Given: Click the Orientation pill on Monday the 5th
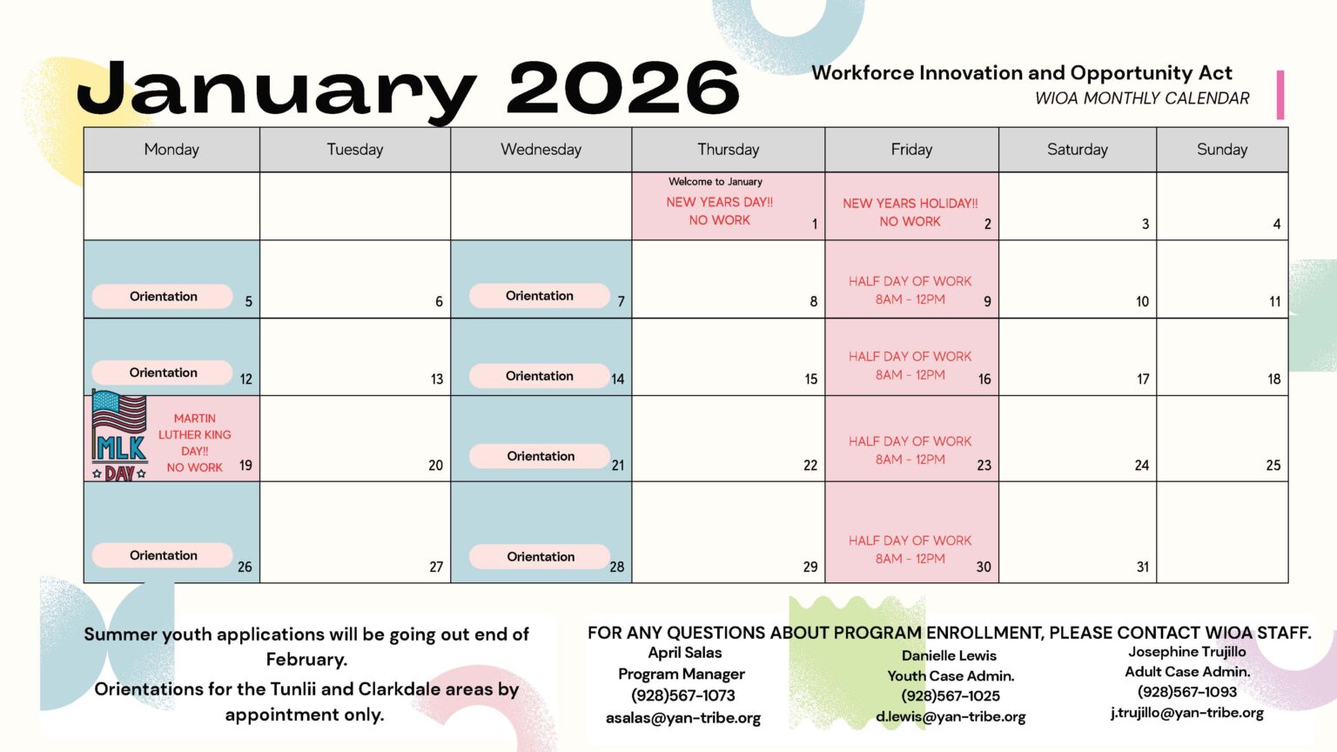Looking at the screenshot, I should (x=163, y=296).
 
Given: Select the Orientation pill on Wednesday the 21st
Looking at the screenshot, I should (x=541, y=456).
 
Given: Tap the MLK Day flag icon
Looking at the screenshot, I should (x=119, y=436).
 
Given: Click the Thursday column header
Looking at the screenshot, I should (x=728, y=150).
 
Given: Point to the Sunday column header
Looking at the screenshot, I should (x=1221, y=150).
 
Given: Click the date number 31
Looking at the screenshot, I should (x=1142, y=567).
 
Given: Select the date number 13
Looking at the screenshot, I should (x=436, y=379).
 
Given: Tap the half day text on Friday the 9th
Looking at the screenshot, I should (x=910, y=290).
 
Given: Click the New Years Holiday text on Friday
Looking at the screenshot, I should (x=910, y=211).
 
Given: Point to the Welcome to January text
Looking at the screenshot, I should (x=715, y=182).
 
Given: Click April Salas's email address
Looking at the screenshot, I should (x=682, y=718).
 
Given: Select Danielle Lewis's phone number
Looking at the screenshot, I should (x=950, y=695).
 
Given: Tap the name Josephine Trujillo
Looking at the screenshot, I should (x=1186, y=651).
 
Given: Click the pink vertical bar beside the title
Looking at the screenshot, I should (x=1280, y=95).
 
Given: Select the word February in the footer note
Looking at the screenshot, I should (x=306, y=659).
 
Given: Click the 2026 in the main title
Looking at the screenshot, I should (x=622, y=89).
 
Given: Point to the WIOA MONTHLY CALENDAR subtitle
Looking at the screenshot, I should (x=1141, y=98).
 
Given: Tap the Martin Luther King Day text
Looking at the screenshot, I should (x=195, y=442).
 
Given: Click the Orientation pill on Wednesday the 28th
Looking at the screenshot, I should (x=541, y=557).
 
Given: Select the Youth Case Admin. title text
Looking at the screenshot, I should (x=950, y=675).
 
